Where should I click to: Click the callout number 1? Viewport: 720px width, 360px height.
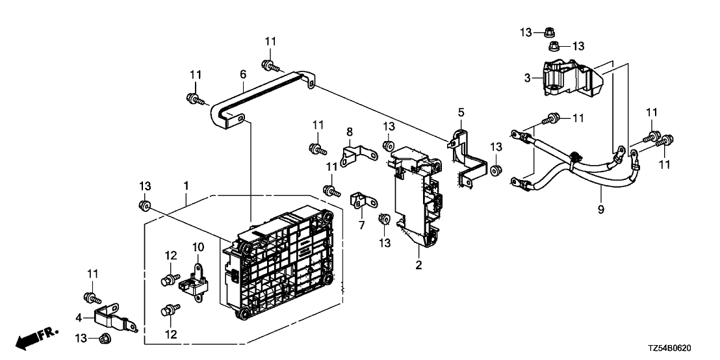click(x=186, y=186)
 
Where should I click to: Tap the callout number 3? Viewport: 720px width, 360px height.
click(x=528, y=78)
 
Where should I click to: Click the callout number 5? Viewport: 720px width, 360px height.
click(x=460, y=112)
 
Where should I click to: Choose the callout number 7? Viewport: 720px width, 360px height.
click(x=362, y=224)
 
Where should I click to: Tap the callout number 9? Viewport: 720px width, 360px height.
click(x=601, y=209)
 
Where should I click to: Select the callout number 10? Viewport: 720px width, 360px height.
click(x=198, y=247)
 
